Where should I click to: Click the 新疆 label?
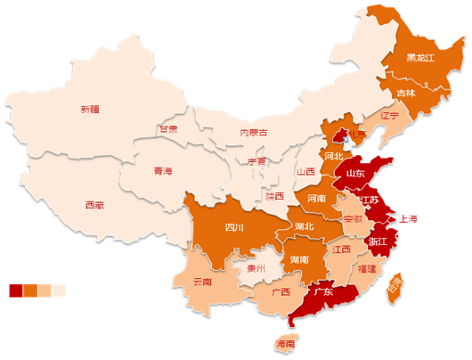90,110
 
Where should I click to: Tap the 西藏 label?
94,205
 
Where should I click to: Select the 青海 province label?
163,171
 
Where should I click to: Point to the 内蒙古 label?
254,133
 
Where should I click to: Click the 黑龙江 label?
419,58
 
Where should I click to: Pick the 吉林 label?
406,93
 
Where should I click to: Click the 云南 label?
203,282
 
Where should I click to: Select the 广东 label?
323,291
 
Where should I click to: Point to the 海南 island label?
286,344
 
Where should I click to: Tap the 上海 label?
409,218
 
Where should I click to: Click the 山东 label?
355,173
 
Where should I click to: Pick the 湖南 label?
300,259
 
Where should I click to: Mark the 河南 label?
316,198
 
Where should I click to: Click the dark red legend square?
16,290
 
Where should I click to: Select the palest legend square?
60,290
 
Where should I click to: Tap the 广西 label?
280,291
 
